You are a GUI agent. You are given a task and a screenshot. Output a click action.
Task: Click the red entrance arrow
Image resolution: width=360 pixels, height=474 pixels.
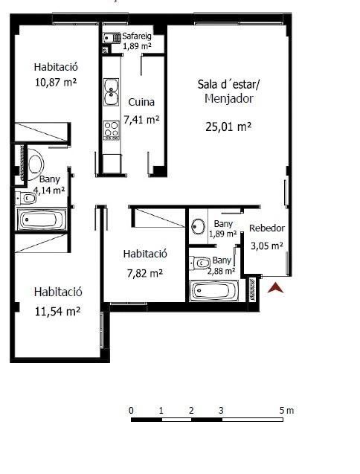[275, 288]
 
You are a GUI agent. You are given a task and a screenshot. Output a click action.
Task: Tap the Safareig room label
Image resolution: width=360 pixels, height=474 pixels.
[137, 36]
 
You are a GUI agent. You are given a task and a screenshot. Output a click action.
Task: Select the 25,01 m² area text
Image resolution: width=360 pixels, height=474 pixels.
[228, 126]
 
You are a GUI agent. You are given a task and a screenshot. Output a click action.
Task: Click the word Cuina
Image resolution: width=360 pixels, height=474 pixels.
[141, 102]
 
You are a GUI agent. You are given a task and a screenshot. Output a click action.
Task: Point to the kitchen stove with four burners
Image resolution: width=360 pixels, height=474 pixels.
[112, 130]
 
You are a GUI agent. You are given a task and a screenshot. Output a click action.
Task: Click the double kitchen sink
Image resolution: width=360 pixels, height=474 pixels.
[112, 92]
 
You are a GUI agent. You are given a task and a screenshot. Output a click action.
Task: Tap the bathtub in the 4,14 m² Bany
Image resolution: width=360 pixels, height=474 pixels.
[42, 220]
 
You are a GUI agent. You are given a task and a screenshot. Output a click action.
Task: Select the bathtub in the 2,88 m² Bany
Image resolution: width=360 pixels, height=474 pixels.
[214, 290]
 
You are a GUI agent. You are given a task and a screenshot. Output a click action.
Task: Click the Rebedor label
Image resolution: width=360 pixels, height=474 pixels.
[267, 228]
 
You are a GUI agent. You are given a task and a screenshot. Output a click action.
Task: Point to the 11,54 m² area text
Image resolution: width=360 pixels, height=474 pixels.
[57, 311]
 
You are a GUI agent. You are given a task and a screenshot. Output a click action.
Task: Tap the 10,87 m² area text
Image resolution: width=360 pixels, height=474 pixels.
[56, 82]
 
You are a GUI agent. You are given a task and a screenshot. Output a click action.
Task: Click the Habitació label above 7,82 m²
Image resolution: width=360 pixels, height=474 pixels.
[145, 254]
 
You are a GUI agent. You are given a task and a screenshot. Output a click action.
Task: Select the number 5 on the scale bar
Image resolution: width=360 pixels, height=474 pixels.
[282, 410]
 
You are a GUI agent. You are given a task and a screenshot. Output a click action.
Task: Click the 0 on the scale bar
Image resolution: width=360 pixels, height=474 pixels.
[131, 410]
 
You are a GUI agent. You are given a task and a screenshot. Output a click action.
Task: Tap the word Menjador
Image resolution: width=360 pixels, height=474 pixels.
[229, 98]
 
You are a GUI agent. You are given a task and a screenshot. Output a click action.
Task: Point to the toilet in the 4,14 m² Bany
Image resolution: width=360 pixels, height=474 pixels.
[27, 198]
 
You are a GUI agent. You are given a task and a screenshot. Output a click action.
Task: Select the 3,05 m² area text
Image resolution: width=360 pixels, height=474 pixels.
[267, 246]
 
